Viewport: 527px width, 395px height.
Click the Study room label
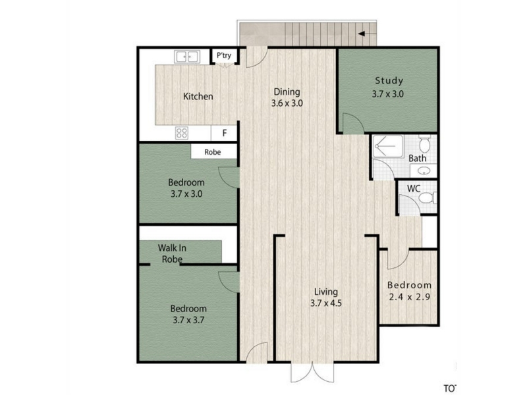point(389,80)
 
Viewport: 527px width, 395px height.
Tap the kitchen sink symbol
point(187,57)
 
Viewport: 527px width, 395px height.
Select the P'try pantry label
point(224,55)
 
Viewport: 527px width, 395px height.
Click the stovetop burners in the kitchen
point(182,133)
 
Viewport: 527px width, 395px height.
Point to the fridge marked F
point(225,133)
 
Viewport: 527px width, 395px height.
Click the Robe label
point(213,152)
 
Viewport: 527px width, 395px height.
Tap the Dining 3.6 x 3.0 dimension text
point(287,103)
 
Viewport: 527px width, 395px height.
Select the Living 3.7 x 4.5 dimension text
point(326,303)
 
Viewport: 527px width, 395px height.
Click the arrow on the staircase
point(367,34)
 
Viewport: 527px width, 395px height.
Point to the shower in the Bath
point(388,146)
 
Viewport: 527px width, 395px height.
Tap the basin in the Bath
point(424,171)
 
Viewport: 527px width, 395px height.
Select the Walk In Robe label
point(172,253)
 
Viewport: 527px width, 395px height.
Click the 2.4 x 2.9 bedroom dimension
point(409,297)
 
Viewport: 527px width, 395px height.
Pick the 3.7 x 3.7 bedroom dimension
point(188,320)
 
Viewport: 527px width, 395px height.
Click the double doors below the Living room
point(312,372)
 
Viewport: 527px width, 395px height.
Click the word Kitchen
point(198,97)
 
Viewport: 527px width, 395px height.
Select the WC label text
point(414,189)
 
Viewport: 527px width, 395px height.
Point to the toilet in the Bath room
point(425,144)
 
